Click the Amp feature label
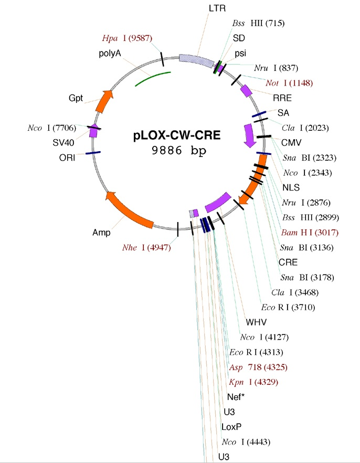click(101, 231)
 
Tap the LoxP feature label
click(232, 426)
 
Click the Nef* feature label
click(237, 396)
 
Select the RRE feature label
click(281, 98)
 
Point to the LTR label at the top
click(216, 9)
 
